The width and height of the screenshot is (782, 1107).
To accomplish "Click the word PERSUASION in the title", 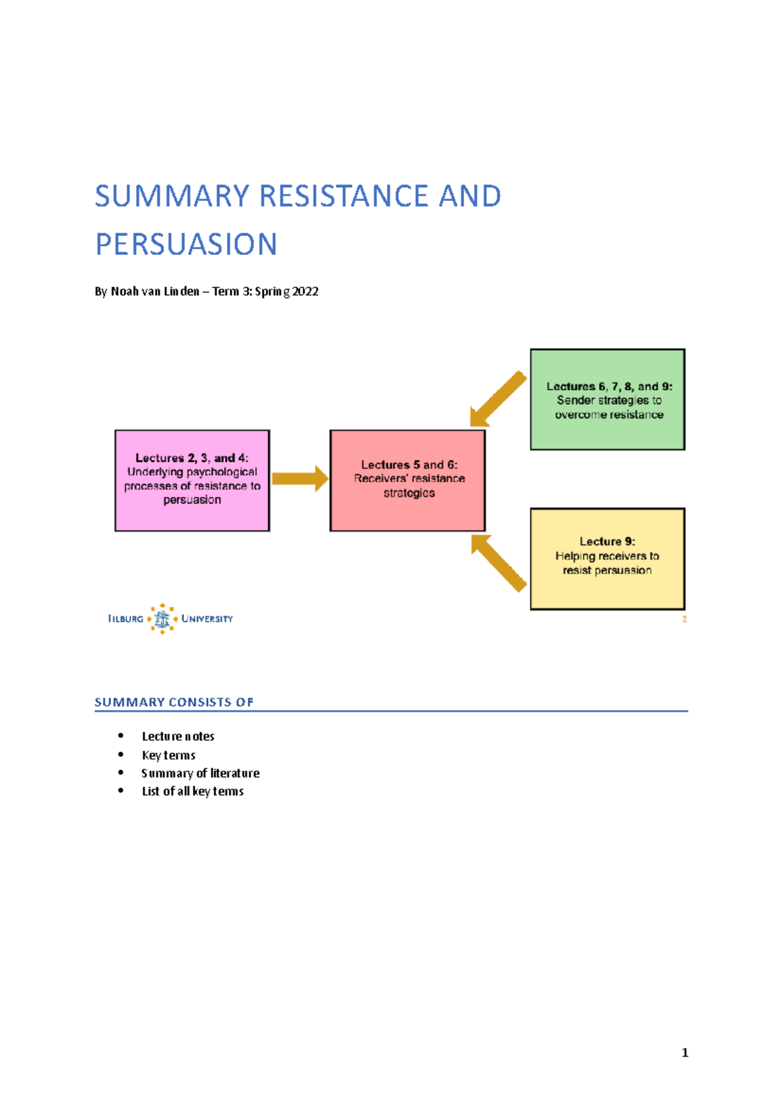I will (186, 244).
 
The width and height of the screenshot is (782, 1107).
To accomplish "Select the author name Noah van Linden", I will (155, 291).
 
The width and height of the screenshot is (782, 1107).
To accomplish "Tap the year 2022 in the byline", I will (305, 291).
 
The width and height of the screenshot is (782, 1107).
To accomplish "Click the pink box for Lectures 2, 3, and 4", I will (192, 480).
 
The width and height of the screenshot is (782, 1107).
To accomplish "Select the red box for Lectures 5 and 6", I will (408, 480).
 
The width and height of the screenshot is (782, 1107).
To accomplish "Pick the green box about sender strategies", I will (607, 400).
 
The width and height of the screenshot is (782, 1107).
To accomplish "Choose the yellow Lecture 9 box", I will (607, 559).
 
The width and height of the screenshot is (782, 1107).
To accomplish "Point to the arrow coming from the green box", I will (498, 399).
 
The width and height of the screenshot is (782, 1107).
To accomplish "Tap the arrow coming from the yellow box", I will (498, 562).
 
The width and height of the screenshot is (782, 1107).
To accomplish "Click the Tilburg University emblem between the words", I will (162, 619).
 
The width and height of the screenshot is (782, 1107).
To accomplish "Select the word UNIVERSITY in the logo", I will (207, 619).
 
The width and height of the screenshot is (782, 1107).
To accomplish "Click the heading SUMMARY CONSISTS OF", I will (174, 702).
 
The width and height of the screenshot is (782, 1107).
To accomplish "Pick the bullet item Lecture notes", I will (178, 736).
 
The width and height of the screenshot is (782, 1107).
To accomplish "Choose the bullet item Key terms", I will (168, 755).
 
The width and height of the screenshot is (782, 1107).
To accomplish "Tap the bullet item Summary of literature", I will (200, 773).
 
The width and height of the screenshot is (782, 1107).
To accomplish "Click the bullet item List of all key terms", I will (192, 791).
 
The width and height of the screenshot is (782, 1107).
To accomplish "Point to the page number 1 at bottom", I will (685, 1052).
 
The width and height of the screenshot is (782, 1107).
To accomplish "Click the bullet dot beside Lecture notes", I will (121, 735).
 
